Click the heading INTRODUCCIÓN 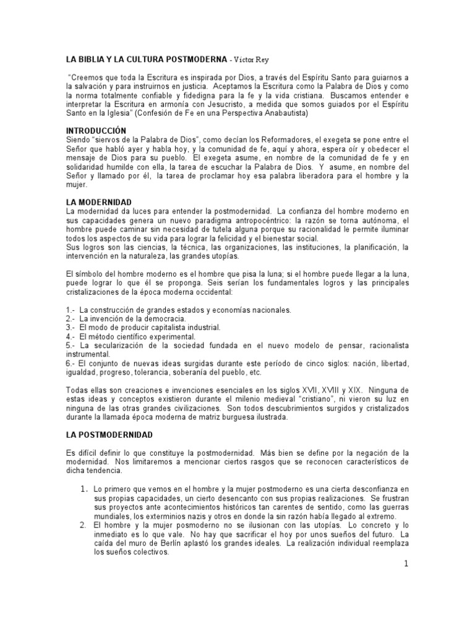pos(96,131)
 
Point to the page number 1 pos(406,548)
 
